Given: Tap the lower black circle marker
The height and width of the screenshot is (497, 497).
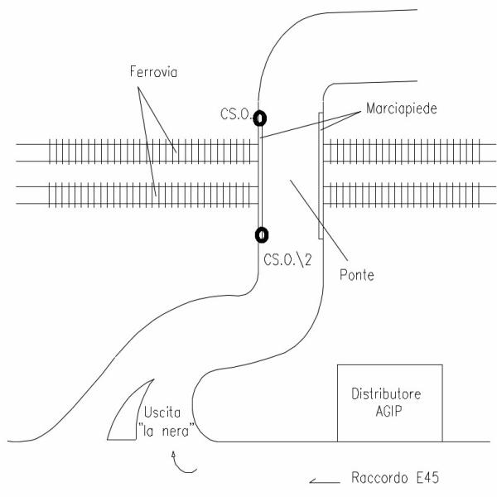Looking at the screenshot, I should click(260, 235).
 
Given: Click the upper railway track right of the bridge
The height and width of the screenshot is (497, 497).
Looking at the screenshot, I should click(406, 152).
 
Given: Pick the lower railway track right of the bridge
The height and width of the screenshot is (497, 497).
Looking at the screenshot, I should click(406, 193).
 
